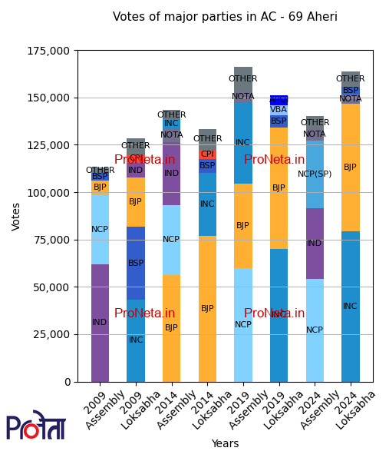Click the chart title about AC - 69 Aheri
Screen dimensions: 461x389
pos(225,17)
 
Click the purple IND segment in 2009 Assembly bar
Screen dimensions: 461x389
pos(100,323)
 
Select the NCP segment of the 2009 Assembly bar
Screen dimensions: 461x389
pos(100,230)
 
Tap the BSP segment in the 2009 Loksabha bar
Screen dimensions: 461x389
pos(136,263)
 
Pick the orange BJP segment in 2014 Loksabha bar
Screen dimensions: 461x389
pos(207,308)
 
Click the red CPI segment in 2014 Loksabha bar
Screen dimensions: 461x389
pos(207,154)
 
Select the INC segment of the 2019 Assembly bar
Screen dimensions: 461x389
pos(243,143)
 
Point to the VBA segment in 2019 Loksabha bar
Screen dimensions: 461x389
pos(279,110)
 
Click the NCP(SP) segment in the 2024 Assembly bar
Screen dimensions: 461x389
pos(315,174)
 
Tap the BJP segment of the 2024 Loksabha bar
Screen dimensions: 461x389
pos(351,167)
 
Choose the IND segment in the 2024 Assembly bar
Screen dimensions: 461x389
pos(315,244)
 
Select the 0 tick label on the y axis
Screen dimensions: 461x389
pos(67,382)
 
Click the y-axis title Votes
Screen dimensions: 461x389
pos(17,217)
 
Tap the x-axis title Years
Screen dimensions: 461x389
pos(225,443)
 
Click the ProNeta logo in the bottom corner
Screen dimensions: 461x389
pos(36,426)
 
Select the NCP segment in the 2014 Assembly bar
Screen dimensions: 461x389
pos(171,240)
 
